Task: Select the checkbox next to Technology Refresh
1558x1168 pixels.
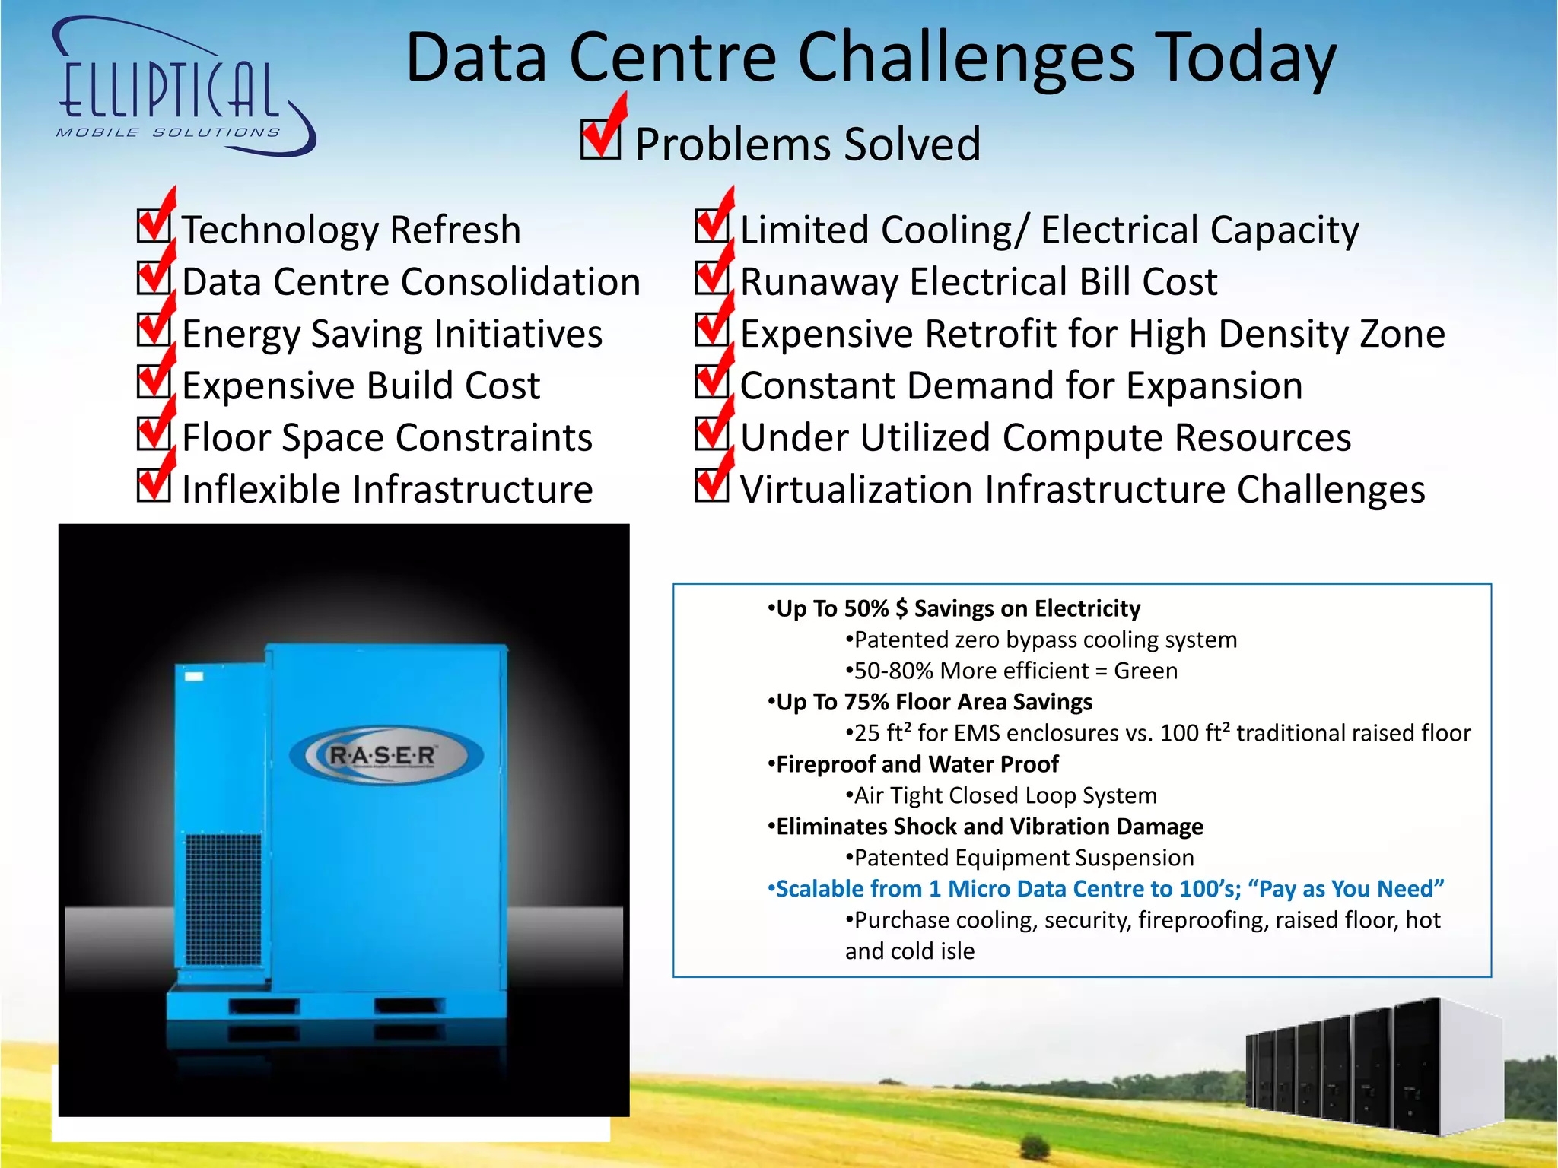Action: [154, 226]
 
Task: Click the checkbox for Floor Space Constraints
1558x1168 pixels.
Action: [154, 433]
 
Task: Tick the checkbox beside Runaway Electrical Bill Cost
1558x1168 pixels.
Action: [712, 278]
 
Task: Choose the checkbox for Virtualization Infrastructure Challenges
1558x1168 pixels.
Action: [712, 485]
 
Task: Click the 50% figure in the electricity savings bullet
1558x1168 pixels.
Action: [866, 609]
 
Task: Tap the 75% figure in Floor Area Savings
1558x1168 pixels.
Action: [866, 703]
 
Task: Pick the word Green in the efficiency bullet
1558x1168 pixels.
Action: [1145, 671]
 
